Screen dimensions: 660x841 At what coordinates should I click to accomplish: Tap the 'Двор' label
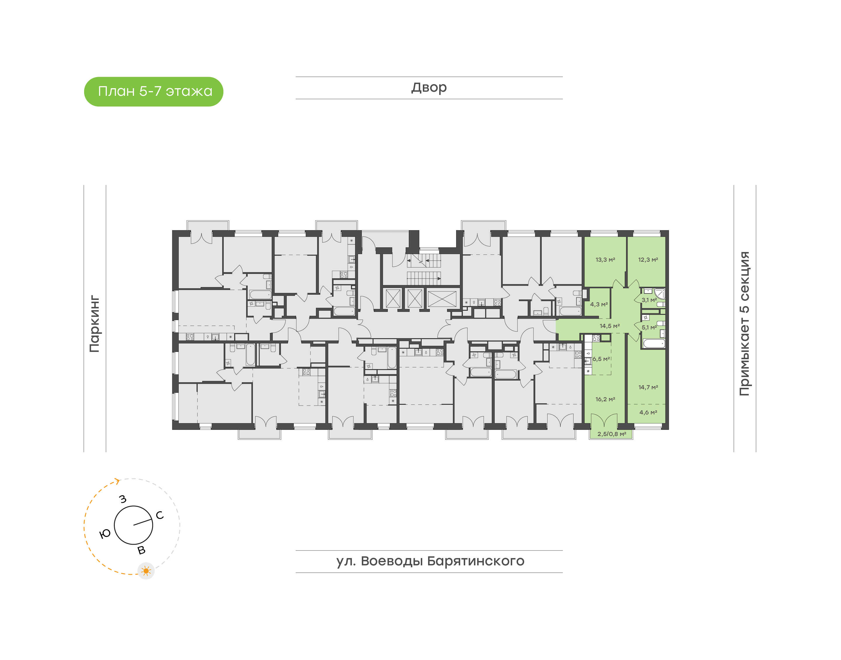coord(429,88)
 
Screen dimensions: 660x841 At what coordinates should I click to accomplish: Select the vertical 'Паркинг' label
coord(95,324)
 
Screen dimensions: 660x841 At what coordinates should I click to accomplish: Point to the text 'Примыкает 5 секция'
coord(744,324)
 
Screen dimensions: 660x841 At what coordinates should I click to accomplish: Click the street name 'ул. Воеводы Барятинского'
coord(430,561)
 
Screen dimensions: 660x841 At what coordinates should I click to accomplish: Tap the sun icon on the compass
coord(146,571)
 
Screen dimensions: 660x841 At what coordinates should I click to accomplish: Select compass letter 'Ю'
coord(105,534)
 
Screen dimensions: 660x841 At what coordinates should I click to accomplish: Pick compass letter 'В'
coord(142,550)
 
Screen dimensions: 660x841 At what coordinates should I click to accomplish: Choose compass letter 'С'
coord(159,515)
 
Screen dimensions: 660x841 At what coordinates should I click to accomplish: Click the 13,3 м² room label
coord(605,260)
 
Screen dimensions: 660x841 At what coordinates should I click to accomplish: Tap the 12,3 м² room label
coord(648,260)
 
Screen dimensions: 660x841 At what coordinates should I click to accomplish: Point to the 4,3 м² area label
coord(599,305)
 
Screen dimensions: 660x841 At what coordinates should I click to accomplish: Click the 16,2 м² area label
coord(605,399)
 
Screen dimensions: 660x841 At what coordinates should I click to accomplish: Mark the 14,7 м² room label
coord(648,387)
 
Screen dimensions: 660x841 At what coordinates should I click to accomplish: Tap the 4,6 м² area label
coord(648,412)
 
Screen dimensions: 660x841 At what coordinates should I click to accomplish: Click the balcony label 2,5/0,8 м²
coord(611,434)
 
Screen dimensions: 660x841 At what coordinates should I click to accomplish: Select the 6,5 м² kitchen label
coord(601,359)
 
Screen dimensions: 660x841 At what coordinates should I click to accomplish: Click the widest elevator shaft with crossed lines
coord(442,299)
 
